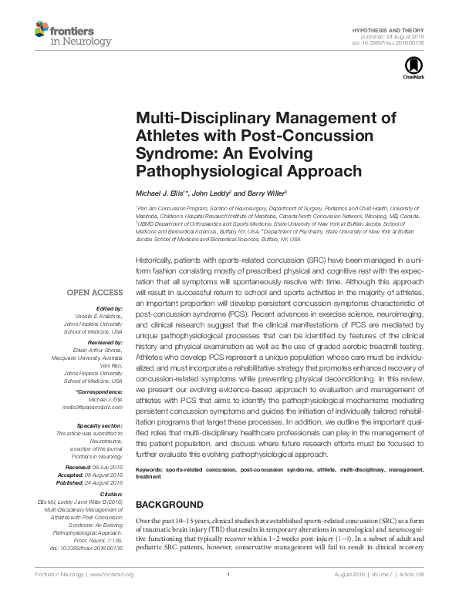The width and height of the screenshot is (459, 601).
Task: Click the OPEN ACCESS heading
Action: (95, 292)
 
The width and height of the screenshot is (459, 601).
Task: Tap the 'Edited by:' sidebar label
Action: (109, 307)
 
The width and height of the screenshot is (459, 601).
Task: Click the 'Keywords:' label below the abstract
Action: (152, 469)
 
